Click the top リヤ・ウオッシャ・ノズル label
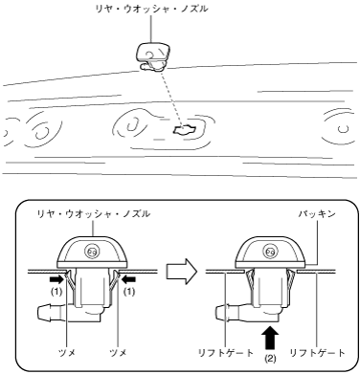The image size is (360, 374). [x=152, y=9]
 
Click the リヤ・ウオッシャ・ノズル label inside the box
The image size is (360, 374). [x=94, y=213]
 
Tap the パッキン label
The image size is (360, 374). [x=317, y=213]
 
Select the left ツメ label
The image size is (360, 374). [x=67, y=353]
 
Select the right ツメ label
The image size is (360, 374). [x=118, y=353]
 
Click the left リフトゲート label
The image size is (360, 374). [x=226, y=353]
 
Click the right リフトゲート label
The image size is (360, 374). [x=317, y=353]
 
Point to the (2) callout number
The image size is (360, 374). [x=270, y=359]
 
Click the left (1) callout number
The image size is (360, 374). [x=56, y=292]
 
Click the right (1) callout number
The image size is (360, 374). [x=129, y=292]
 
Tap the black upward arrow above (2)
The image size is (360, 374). [x=270, y=339]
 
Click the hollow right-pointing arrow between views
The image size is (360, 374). [x=182, y=272]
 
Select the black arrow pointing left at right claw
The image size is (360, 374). [x=128, y=279]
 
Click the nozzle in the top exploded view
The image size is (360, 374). [x=153, y=56]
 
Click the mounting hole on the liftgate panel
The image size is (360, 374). [x=184, y=130]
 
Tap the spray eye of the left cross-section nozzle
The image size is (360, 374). [x=92, y=252]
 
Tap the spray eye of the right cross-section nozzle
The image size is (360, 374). [x=270, y=252]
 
